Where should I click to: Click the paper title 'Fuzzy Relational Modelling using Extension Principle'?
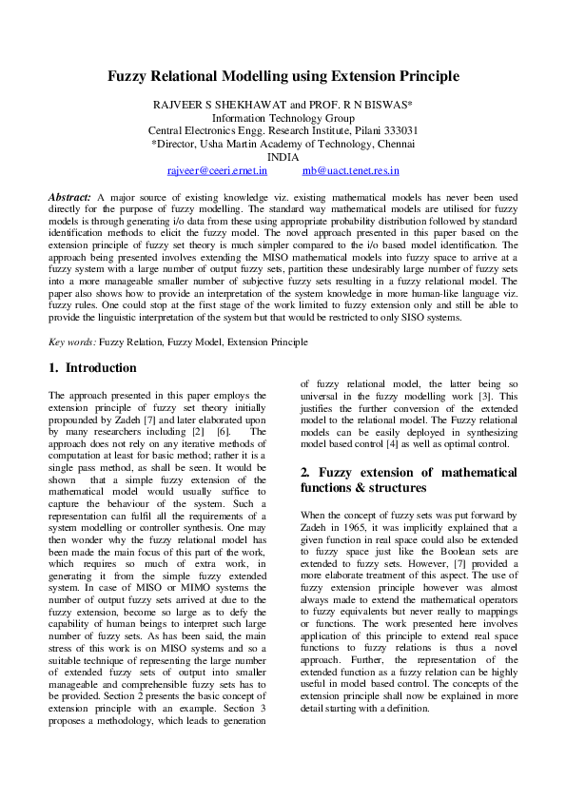[x=283, y=75]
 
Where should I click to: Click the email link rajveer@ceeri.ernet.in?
[x=218, y=171]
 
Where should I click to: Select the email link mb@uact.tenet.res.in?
[x=350, y=171]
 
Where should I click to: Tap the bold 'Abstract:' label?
[x=70, y=196]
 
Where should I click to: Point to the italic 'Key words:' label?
[x=72, y=341]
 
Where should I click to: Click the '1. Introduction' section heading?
[x=92, y=367]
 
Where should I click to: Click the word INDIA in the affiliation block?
[x=283, y=157]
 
